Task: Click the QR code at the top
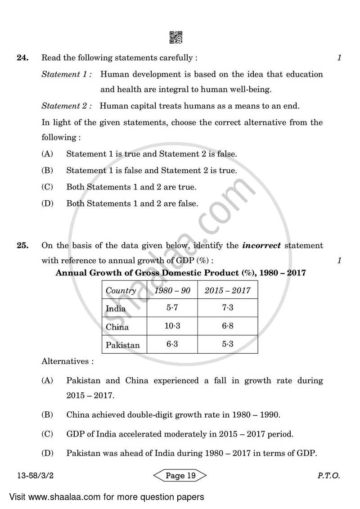pyautogui.click(x=176, y=38)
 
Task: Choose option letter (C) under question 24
pyautogui.click(x=47, y=187)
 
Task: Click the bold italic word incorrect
pyautogui.click(x=261, y=246)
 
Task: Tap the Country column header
pyautogui.click(x=121, y=291)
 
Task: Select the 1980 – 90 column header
pyautogui.click(x=172, y=291)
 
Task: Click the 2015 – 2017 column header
pyautogui.click(x=227, y=291)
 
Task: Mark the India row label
pyautogui.click(x=116, y=309)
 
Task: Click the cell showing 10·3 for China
pyautogui.click(x=172, y=326)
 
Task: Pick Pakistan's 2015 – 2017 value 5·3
pyautogui.click(x=227, y=344)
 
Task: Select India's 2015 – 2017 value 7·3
pyautogui.click(x=227, y=308)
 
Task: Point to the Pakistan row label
pyautogui.click(x=122, y=345)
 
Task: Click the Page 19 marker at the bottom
pyautogui.click(x=180, y=476)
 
